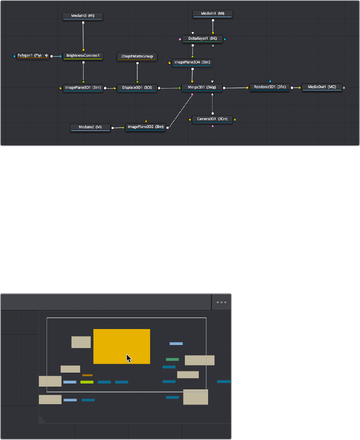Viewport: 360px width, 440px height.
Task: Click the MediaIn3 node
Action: point(83,16)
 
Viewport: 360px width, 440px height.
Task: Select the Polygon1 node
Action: point(33,56)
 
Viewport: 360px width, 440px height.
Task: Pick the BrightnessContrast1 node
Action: point(83,56)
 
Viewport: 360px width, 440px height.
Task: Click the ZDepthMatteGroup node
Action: point(137,57)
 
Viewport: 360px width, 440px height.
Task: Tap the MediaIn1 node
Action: point(212,14)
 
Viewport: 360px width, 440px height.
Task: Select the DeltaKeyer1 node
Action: point(202,39)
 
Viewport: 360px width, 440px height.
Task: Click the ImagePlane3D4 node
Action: point(193,62)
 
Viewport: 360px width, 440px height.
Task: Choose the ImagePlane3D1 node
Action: point(83,88)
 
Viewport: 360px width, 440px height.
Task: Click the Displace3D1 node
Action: point(137,88)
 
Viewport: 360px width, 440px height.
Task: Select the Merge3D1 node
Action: point(202,88)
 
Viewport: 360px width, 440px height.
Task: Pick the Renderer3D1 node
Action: point(269,87)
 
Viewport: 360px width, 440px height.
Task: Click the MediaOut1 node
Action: point(322,87)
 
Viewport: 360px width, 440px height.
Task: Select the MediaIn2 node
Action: point(90,128)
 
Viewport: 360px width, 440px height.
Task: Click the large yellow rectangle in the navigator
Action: point(122,346)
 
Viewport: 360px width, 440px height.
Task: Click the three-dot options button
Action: point(221,302)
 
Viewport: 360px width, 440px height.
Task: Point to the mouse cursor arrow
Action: point(128,358)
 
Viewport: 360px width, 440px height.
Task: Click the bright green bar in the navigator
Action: point(87,382)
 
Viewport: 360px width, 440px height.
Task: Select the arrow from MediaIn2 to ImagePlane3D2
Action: point(117,128)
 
